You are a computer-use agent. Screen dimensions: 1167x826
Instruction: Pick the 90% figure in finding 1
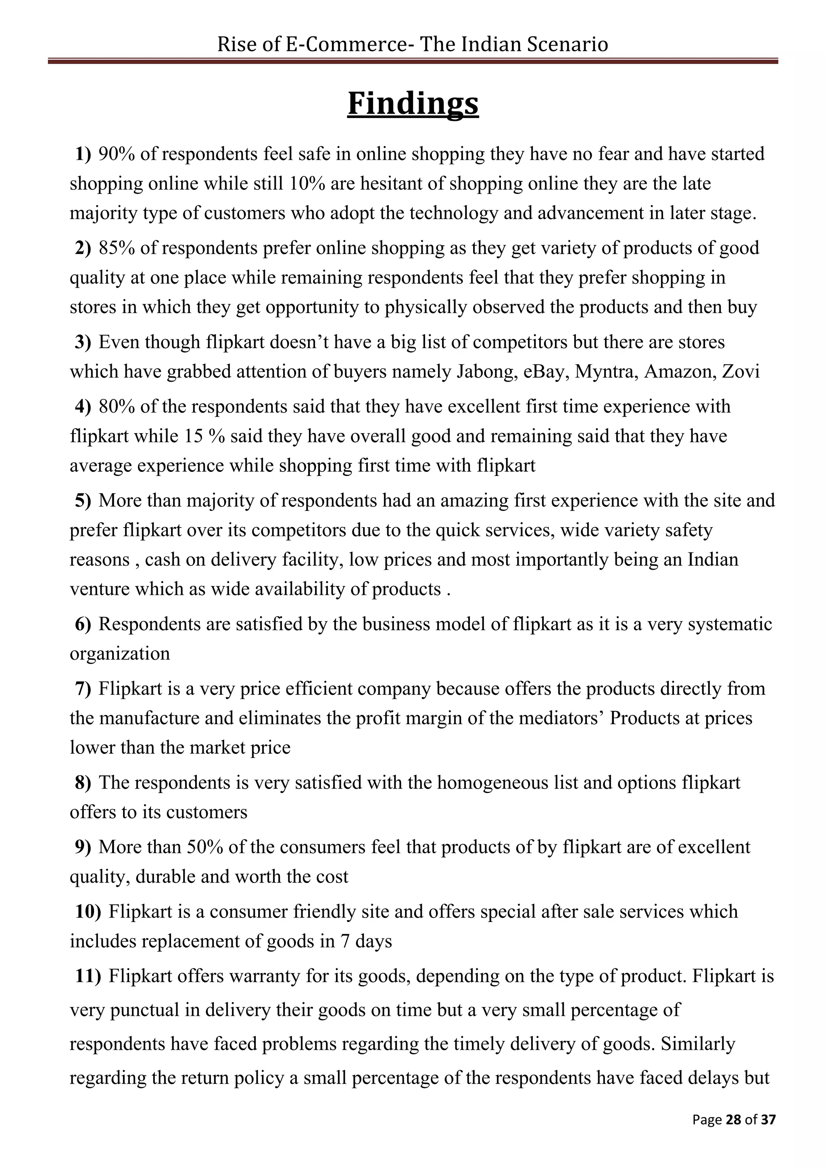pyautogui.click(x=117, y=154)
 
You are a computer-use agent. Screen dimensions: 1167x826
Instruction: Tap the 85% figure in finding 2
pyautogui.click(x=117, y=248)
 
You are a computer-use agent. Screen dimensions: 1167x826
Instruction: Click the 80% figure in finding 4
pyautogui.click(x=117, y=407)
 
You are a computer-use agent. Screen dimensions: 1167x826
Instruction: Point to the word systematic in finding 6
pyautogui.click(x=730, y=624)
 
